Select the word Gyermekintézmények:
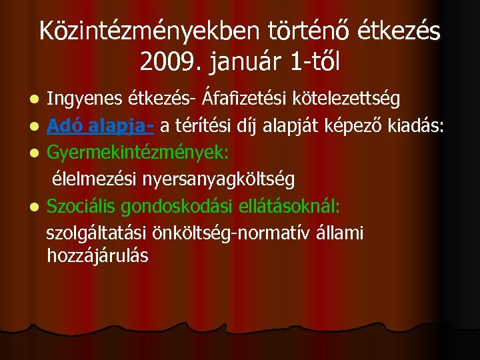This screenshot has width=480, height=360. click(x=138, y=153)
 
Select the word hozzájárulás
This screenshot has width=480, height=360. click(x=97, y=255)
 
